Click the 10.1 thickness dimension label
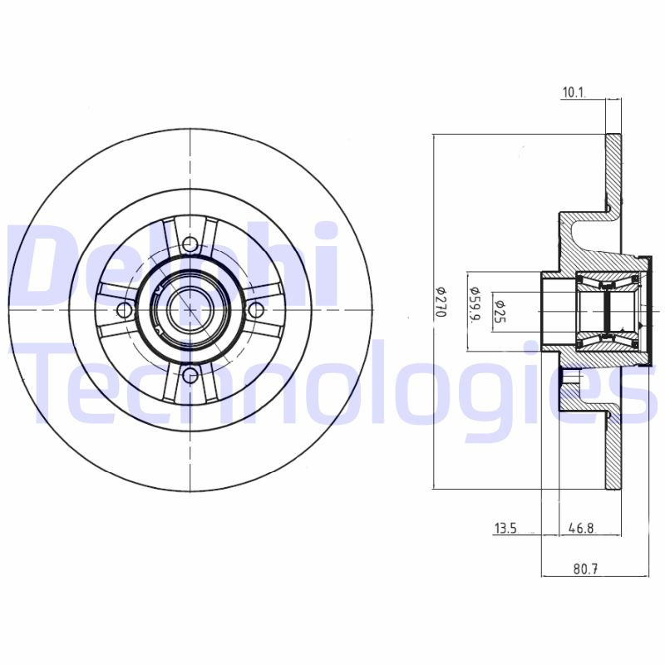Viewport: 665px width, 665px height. (x=574, y=93)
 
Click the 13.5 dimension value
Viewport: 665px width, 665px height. (x=505, y=528)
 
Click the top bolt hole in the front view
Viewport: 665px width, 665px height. (x=190, y=244)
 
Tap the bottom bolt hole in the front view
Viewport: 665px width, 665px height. (x=190, y=376)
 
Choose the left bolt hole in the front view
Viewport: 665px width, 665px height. (x=125, y=310)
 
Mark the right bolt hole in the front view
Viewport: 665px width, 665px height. (x=256, y=310)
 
